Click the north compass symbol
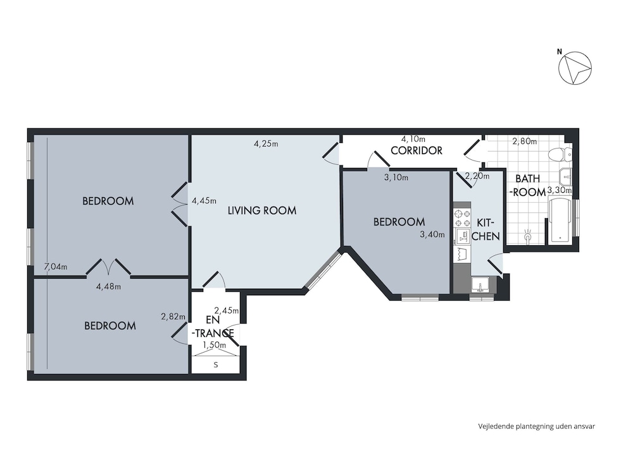(575, 68)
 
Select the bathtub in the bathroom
(560, 220)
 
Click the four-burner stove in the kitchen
(462, 218)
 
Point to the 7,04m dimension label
(56, 267)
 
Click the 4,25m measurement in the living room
(266, 143)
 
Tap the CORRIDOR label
(417, 150)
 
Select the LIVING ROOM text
(262, 210)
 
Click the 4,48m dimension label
(109, 286)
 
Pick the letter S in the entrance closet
(216, 365)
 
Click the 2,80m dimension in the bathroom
(524, 141)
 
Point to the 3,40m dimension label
(432, 234)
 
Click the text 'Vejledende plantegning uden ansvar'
(537, 426)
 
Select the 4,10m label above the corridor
(413, 139)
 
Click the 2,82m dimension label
(173, 317)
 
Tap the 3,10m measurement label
(396, 178)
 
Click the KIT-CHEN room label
(486, 230)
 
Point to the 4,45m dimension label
(204, 200)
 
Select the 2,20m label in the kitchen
(477, 176)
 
